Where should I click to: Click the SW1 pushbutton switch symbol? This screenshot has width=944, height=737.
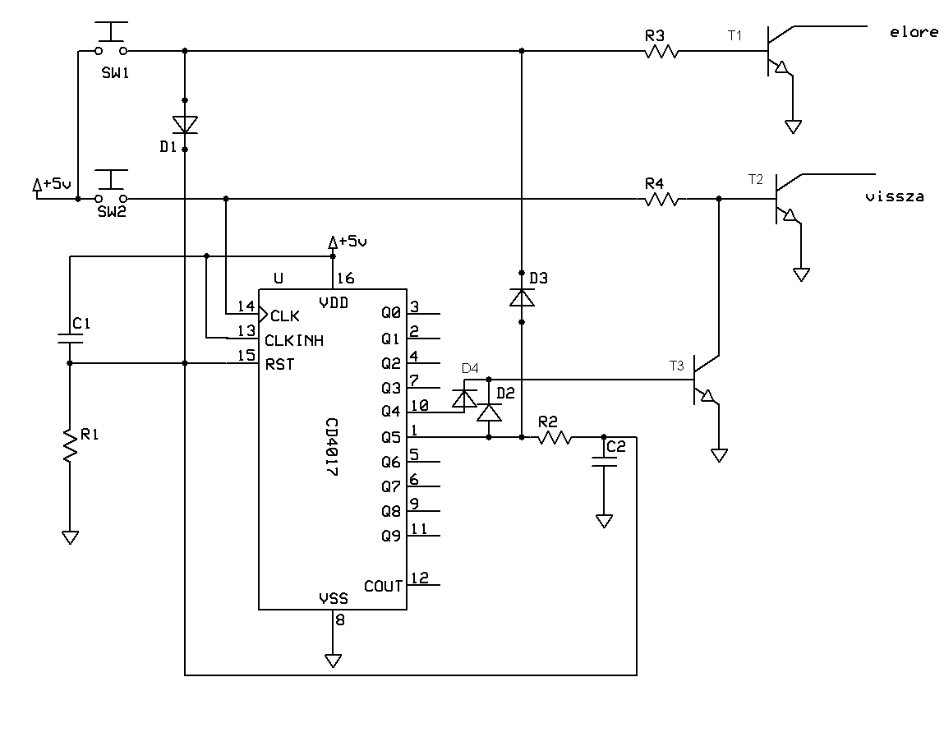(x=112, y=39)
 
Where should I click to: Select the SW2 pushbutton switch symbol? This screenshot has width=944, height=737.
(x=112, y=187)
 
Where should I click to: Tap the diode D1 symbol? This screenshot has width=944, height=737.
(x=185, y=125)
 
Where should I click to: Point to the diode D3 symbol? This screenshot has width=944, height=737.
(x=522, y=297)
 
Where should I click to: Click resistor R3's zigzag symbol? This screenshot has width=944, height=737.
(x=661, y=52)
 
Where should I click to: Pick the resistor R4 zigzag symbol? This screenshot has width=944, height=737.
(x=661, y=199)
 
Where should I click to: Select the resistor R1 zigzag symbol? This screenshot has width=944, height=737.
(x=71, y=445)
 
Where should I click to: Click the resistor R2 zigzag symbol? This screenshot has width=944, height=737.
(x=555, y=437)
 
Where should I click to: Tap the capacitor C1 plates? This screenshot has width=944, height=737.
(x=71, y=338)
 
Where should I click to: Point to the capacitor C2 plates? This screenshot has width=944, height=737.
(x=605, y=461)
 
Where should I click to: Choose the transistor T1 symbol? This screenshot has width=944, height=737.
(x=781, y=51)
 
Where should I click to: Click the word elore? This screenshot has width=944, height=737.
(x=914, y=32)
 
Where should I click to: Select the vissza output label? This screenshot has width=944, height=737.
(x=894, y=196)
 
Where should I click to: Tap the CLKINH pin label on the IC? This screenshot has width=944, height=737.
(x=294, y=341)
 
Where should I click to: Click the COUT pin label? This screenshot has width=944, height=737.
(x=383, y=586)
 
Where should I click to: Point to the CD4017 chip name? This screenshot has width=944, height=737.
(x=331, y=447)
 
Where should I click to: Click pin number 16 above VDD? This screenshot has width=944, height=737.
(x=346, y=279)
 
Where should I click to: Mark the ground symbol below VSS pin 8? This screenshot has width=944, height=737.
(x=333, y=661)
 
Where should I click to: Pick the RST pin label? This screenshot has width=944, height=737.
(x=280, y=364)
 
